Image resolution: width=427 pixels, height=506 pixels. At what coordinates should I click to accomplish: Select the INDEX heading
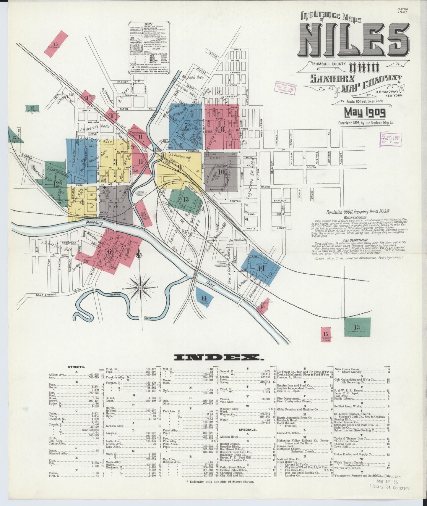click(218, 357)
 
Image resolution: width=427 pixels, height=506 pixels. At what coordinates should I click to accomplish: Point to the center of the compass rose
click(141, 288)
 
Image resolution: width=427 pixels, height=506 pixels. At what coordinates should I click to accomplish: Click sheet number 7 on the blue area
click(186, 125)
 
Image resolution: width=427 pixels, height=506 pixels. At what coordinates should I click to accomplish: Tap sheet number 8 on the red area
click(223, 129)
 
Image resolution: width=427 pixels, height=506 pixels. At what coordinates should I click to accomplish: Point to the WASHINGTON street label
click(261, 128)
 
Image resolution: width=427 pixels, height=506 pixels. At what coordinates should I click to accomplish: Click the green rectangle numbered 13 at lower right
click(357, 327)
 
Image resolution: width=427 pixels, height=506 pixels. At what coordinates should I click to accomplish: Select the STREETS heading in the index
click(76, 367)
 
